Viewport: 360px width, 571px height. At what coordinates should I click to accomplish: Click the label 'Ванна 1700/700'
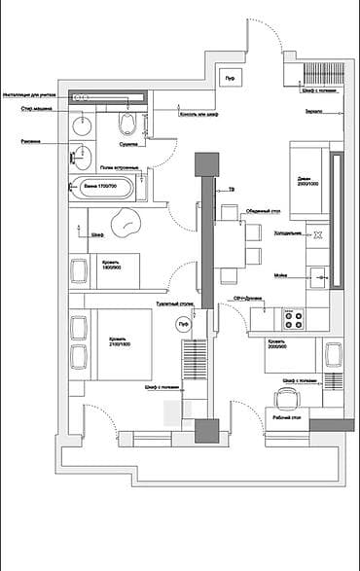[100, 184]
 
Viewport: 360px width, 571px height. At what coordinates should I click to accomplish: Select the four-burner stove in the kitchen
[292, 317]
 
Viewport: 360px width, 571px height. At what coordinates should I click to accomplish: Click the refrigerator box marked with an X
[316, 234]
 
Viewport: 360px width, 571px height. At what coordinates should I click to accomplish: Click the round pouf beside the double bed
[180, 326]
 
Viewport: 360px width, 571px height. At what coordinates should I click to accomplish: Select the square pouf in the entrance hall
[231, 78]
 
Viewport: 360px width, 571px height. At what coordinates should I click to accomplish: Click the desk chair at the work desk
[286, 396]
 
